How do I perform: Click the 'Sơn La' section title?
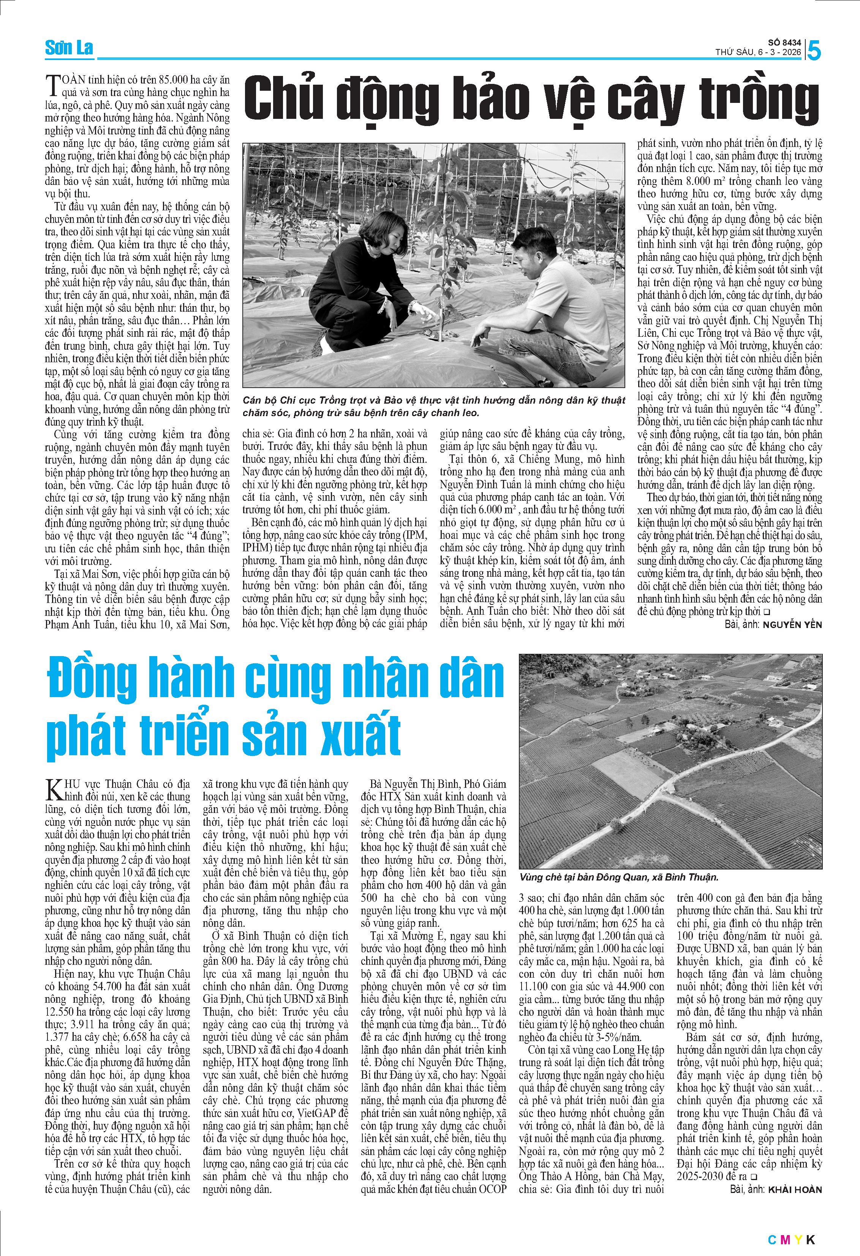pyautogui.click(x=69, y=48)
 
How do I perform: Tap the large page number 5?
pyautogui.click(x=814, y=51)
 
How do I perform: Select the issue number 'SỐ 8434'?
pyautogui.click(x=784, y=42)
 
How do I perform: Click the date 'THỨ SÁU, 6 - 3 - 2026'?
pyautogui.click(x=758, y=52)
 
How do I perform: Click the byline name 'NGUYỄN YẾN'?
pyautogui.click(x=792, y=625)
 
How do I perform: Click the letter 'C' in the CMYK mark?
pyautogui.click(x=772, y=1240)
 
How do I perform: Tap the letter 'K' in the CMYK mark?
pyautogui.click(x=810, y=1240)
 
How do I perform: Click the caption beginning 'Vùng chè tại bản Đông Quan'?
pyautogui.click(x=618, y=877)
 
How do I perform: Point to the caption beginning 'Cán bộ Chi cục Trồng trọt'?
pyautogui.click(x=433, y=406)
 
